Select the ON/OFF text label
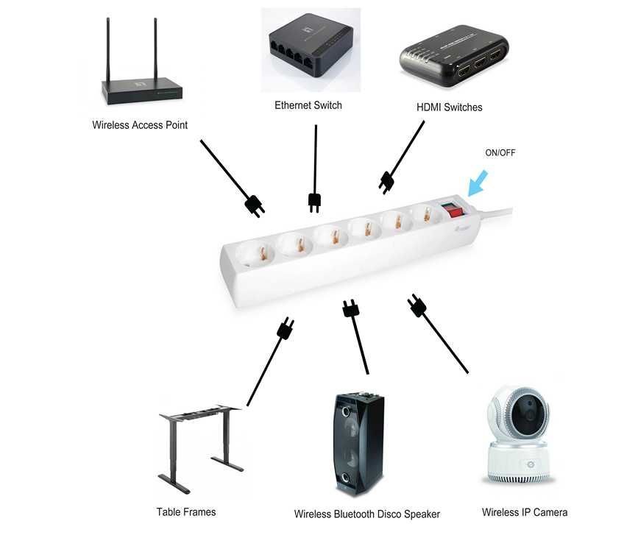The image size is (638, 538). coord(500,153)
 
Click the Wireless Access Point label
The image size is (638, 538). coord(140,125)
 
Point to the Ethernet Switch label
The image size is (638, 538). coord(308,105)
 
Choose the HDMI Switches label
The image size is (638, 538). coord(450,107)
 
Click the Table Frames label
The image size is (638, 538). coord(186,512)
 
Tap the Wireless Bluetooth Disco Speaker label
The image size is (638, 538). coord(366,514)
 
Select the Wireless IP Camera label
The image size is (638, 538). coord(525,512)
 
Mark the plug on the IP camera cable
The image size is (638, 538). coord(417,305)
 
